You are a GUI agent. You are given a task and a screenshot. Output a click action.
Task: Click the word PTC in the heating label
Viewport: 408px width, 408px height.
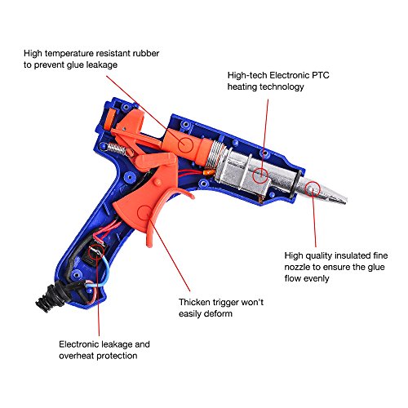pyautogui.click(x=321, y=75)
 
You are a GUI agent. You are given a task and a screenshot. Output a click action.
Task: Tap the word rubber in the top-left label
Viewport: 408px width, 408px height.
pyautogui.click(x=146, y=53)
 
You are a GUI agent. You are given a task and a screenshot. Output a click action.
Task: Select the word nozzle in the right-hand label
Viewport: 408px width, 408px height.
pyautogui.click(x=296, y=267)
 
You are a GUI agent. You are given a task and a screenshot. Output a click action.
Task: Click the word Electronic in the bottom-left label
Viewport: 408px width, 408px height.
pyautogui.click(x=79, y=344)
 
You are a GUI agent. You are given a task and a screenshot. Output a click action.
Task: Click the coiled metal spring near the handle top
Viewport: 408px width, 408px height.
pyautogui.click(x=117, y=149)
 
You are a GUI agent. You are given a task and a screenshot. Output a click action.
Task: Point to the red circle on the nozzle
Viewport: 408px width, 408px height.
pyautogui.click(x=313, y=189)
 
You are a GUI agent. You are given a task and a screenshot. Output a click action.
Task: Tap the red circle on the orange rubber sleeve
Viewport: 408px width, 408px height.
pyautogui.click(x=185, y=144)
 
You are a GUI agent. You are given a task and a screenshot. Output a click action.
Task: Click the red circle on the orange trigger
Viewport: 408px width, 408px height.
pyautogui.click(x=145, y=214)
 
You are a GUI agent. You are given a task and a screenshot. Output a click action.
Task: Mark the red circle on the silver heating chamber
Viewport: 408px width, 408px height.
pyautogui.click(x=260, y=175)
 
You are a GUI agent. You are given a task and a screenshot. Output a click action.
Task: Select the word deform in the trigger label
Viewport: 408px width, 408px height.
pyautogui.click(x=219, y=314)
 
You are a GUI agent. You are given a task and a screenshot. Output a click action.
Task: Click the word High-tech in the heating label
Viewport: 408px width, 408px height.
pyautogui.click(x=247, y=75)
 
